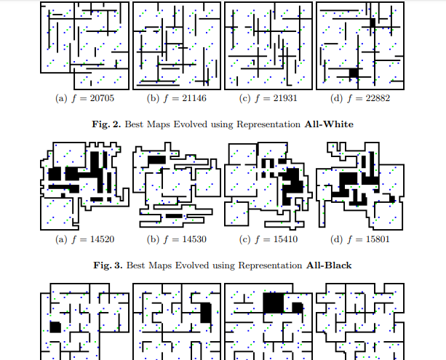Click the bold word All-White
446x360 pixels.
coord(328,124)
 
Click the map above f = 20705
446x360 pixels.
coord(84,44)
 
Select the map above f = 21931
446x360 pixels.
coord(267,44)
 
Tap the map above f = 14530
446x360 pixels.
coord(175,183)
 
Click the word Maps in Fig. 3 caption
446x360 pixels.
coord(157,265)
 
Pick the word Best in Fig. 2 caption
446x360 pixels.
coord(135,124)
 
